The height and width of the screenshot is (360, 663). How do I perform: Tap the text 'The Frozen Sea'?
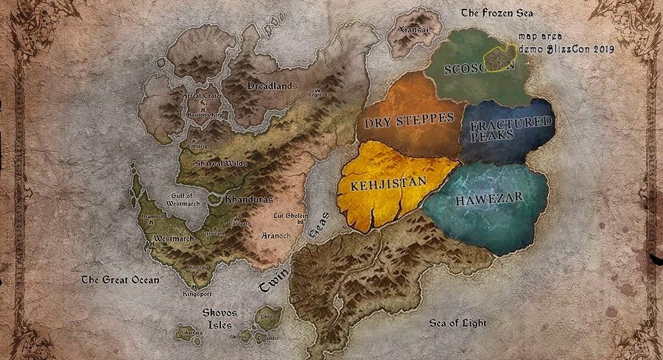click(497, 13)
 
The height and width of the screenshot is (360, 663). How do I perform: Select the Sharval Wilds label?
click(220, 163)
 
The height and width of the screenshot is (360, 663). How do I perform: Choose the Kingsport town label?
click(196, 294)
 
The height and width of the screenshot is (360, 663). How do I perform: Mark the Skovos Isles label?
click(220, 317)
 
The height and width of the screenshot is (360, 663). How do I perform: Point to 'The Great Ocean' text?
click(120, 280)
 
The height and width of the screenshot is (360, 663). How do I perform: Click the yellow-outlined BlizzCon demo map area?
click(500, 54)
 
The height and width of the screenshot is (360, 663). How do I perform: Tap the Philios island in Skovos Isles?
click(267, 317)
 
